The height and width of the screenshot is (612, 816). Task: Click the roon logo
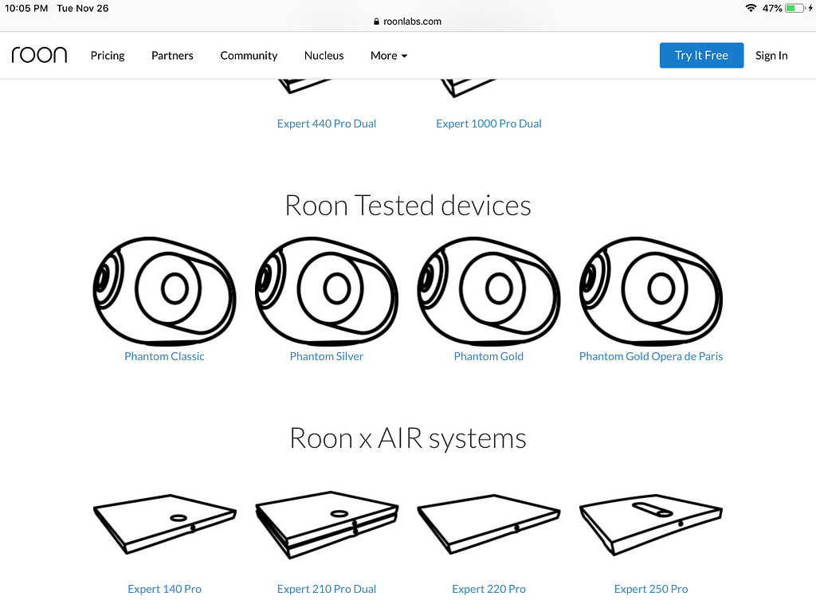click(39, 55)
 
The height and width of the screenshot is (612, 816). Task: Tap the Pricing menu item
click(108, 55)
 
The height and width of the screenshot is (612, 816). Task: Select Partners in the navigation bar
click(172, 55)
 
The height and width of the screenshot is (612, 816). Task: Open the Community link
click(249, 55)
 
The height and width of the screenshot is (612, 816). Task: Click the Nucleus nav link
click(324, 55)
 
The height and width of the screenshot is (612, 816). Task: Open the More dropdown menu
click(389, 55)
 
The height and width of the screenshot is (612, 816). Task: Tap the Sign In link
click(771, 55)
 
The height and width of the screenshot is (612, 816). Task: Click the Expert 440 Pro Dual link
click(327, 124)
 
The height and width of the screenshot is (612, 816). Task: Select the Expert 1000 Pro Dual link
click(488, 124)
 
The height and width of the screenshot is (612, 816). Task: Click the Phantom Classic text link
click(164, 356)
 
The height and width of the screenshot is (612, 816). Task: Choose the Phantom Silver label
click(327, 356)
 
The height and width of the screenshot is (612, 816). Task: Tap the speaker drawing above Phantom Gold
click(488, 290)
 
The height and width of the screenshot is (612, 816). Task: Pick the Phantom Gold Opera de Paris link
click(651, 356)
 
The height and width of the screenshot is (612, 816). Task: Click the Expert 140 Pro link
click(164, 589)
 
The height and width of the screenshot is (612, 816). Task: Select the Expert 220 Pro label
click(488, 589)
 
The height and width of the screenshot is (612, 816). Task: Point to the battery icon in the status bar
click(795, 8)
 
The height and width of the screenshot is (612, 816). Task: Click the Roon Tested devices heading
click(408, 206)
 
